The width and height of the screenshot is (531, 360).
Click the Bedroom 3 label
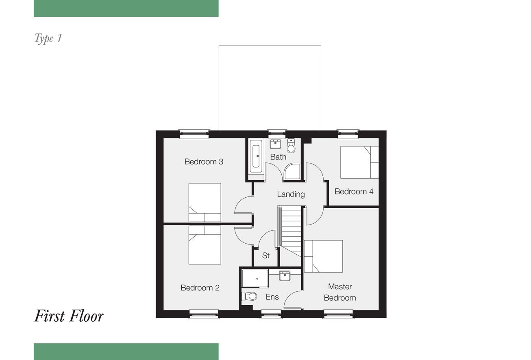click(204, 162)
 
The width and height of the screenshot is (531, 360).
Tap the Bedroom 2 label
click(200, 288)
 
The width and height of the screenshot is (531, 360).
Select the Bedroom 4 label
click(354, 192)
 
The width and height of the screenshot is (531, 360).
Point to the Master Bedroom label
click(340, 292)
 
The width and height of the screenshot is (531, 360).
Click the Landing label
click(291, 194)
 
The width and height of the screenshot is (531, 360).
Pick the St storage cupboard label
click(266, 255)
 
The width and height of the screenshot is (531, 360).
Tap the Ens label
click(272, 297)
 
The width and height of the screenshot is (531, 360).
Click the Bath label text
click(278, 157)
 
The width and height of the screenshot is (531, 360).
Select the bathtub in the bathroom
click(256, 156)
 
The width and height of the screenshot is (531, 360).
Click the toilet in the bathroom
click(291, 146)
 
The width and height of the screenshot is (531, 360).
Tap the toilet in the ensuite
click(249, 296)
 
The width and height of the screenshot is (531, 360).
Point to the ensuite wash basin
click(285, 275)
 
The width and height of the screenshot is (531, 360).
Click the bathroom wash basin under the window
click(275, 144)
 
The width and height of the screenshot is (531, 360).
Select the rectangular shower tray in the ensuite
click(255, 278)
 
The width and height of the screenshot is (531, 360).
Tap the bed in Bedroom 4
click(359, 162)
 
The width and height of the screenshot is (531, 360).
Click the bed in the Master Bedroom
click(323, 256)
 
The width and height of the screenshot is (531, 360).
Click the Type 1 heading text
click(48, 39)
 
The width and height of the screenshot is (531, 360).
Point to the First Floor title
click(69, 316)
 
